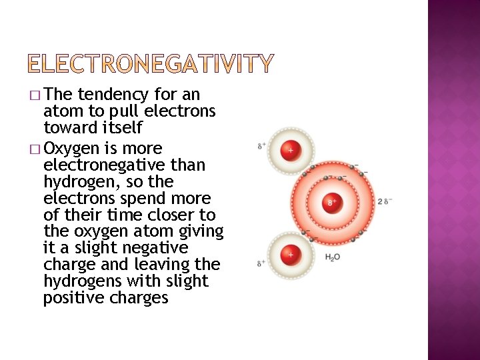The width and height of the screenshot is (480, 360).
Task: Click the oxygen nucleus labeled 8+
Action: [331, 202]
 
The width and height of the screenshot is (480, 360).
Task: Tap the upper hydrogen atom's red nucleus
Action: [291, 151]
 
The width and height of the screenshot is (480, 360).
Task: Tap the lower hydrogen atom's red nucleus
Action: [291, 253]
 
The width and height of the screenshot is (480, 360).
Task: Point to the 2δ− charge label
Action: [385, 201]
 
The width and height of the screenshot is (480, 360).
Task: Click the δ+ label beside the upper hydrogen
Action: [261, 145]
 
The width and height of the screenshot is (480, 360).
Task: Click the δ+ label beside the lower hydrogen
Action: [261, 263]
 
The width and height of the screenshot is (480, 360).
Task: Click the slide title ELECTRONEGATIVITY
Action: [151, 64]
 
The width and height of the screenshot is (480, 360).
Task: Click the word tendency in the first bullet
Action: [113, 95]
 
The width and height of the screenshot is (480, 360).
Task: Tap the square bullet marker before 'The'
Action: [35, 95]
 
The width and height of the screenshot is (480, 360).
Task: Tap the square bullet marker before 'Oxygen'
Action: [35, 149]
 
